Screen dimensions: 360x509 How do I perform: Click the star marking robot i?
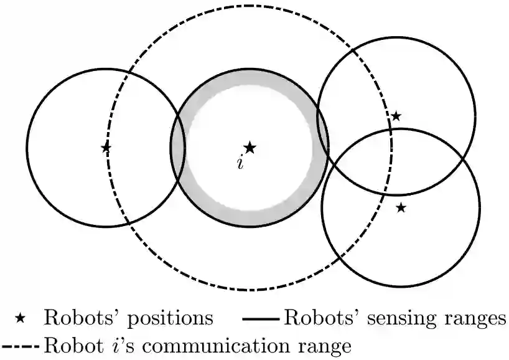tap(250, 148)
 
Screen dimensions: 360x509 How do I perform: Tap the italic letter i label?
tap(240, 163)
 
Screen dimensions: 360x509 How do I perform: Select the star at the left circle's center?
tap(106, 148)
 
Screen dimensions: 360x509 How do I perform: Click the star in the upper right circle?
tap(396, 116)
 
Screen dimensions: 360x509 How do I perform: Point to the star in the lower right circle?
tap(401, 207)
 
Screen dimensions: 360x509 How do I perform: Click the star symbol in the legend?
tap(20, 318)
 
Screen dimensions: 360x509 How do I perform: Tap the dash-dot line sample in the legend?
tap(22, 344)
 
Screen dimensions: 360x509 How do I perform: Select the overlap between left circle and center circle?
tap(178, 148)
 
